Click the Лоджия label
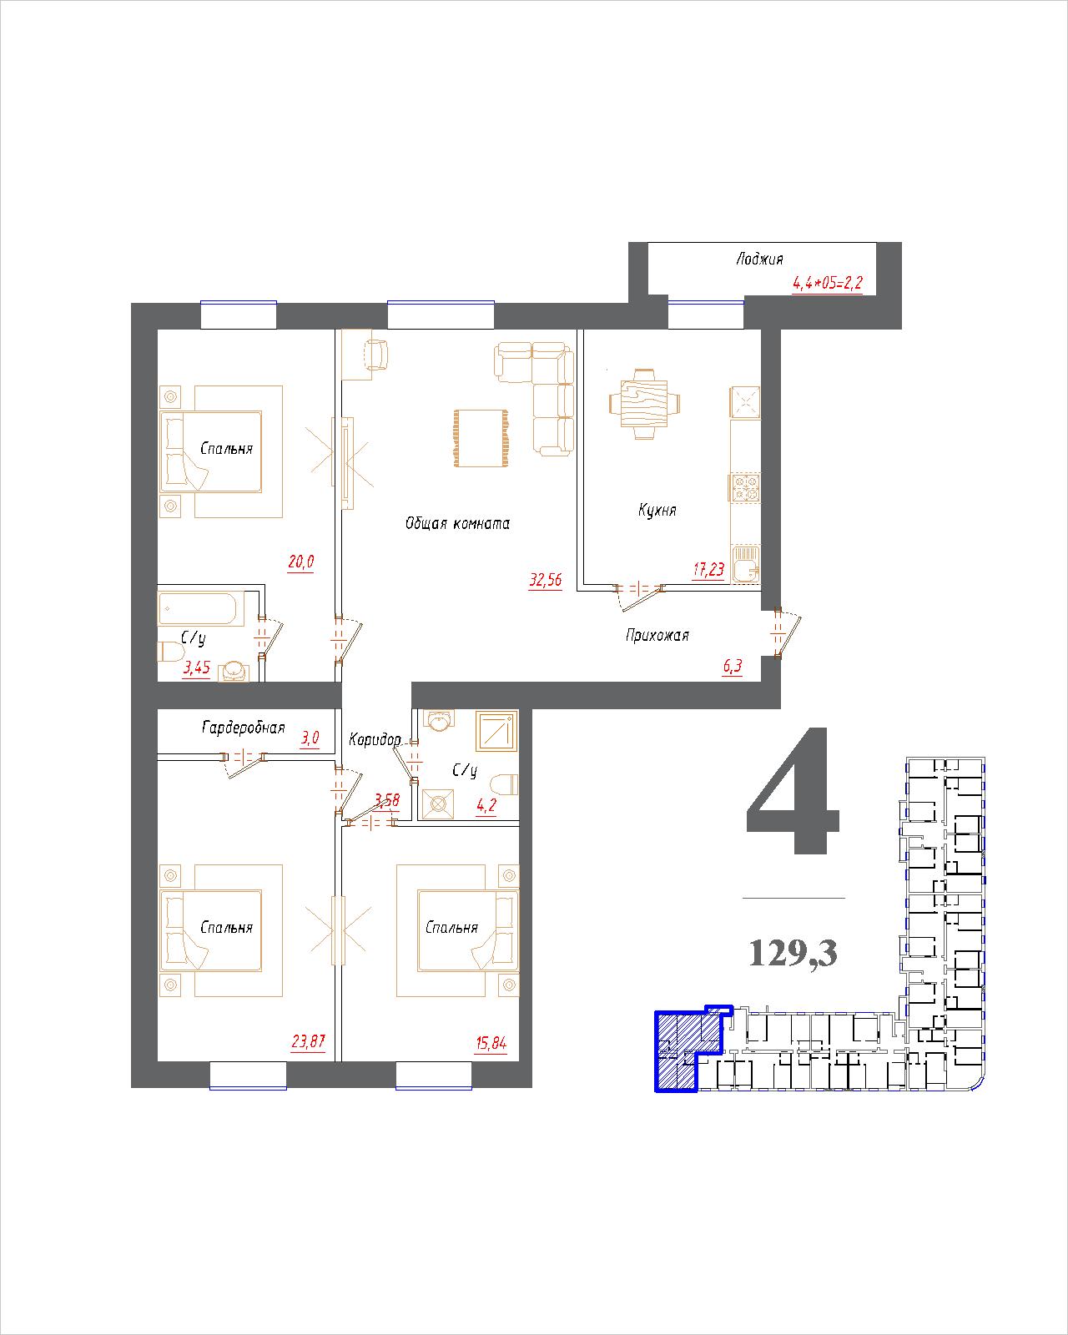pyautogui.click(x=759, y=259)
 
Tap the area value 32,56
pyautogui.click(x=546, y=580)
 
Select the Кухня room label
pyautogui.click(x=657, y=510)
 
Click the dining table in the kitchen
pyautogui.click(x=644, y=404)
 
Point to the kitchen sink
pyautogui.click(x=746, y=564)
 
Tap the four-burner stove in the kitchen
pyautogui.click(x=745, y=487)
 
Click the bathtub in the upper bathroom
pyautogui.click(x=198, y=608)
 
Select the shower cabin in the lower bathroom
pyautogui.click(x=496, y=732)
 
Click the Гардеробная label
pyautogui.click(x=244, y=728)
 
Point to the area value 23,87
pyautogui.click(x=309, y=1041)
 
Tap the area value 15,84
pyautogui.click(x=491, y=1044)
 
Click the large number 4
pyautogui.click(x=793, y=789)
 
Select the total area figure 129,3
pyautogui.click(x=793, y=954)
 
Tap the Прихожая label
pyautogui.click(x=657, y=635)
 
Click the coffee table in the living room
pyautogui.click(x=481, y=437)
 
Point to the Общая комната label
pyautogui.click(x=458, y=524)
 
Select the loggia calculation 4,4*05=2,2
pyautogui.click(x=827, y=284)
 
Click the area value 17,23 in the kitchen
pyautogui.click(x=708, y=570)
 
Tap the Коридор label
pyautogui.click(x=375, y=739)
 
